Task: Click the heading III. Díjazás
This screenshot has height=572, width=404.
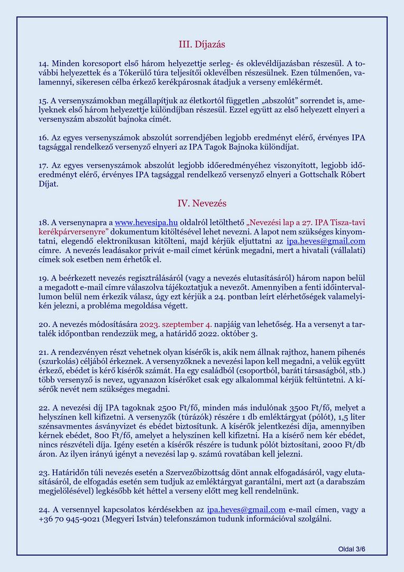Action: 202,44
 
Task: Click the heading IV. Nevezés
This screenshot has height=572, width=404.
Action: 202,203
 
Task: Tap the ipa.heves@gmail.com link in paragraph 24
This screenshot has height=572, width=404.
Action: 246,510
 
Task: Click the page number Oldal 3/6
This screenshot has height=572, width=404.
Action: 352,549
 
